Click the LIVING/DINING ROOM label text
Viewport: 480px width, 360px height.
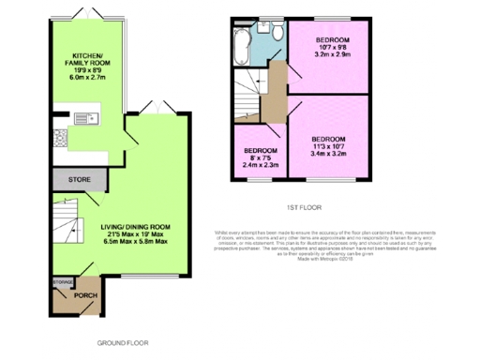(135, 226)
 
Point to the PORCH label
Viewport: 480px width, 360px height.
(85, 296)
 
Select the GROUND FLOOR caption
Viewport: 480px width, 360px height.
(122, 344)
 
